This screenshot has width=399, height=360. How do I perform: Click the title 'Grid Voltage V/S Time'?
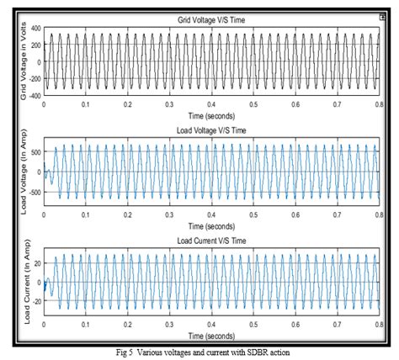coord(210,18)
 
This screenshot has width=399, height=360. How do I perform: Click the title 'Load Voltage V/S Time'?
coord(210,131)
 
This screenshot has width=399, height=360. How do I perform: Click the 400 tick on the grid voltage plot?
coord(35,27)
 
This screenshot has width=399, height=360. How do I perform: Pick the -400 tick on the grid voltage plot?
coord(35,95)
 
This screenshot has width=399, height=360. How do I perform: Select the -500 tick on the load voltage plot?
coord(35,193)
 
